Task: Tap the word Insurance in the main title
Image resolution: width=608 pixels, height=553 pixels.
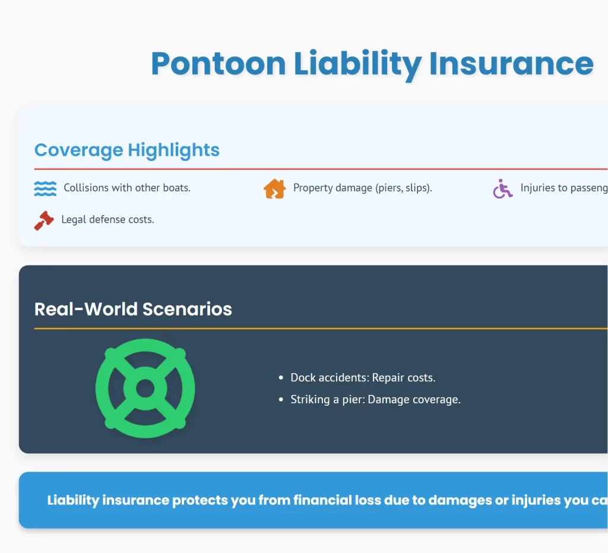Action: (511, 64)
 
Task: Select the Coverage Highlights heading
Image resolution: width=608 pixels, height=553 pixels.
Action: (127, 150)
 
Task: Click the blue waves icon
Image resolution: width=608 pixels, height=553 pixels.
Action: (45, 188)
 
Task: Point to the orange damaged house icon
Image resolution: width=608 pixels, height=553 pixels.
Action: (274, 188)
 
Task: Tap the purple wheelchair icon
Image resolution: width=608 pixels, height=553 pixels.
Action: (502, 189)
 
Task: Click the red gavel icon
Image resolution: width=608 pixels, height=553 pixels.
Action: (44, 220)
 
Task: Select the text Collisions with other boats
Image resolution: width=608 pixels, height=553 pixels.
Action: (127, 188)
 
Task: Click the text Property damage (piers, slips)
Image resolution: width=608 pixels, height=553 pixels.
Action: (362, 188)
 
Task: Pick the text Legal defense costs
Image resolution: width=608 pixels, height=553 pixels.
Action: (107, 220)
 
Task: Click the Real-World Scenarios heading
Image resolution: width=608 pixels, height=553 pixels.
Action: (133, 309)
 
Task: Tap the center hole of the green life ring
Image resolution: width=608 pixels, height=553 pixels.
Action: (145, 389)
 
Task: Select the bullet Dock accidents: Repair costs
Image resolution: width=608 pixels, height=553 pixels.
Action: (363, 378)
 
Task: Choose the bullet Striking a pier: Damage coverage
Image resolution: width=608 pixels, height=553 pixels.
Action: (375, 400)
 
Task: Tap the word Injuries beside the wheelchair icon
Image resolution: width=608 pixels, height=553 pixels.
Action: (538, 188)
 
